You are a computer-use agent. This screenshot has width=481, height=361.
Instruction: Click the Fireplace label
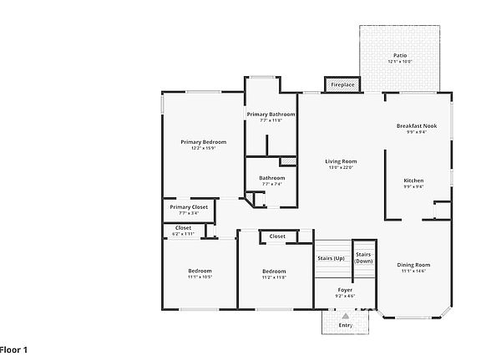tap(342, 85)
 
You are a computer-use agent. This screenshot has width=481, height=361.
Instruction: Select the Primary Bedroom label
tap(203, 142)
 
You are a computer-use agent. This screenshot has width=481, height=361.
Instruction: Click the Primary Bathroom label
tap(271, 114)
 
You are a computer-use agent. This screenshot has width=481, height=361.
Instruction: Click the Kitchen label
tap(413, 180)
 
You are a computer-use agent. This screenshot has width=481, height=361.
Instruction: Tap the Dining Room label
tap(413, 265)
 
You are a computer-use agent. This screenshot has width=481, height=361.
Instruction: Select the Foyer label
tap(345, 289)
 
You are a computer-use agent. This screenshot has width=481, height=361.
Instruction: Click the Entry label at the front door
tap(345, 325)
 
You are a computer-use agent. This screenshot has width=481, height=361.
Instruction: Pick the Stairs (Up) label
tap(331, 258)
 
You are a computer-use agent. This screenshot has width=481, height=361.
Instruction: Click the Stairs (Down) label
tap(363, 257)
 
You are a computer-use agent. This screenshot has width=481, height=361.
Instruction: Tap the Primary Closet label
tap(188, 207)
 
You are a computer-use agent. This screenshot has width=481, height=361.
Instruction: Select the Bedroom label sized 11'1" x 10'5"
tap(200, 271)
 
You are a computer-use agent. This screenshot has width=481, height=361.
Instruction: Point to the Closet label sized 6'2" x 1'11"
tap(183, 227)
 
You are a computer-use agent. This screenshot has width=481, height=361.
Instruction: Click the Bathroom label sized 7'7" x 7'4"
tap(271, 178)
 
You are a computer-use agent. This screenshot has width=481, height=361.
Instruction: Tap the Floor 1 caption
tap(14, 348)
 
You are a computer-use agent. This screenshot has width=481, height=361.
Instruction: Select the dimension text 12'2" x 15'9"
tap(203, 149)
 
